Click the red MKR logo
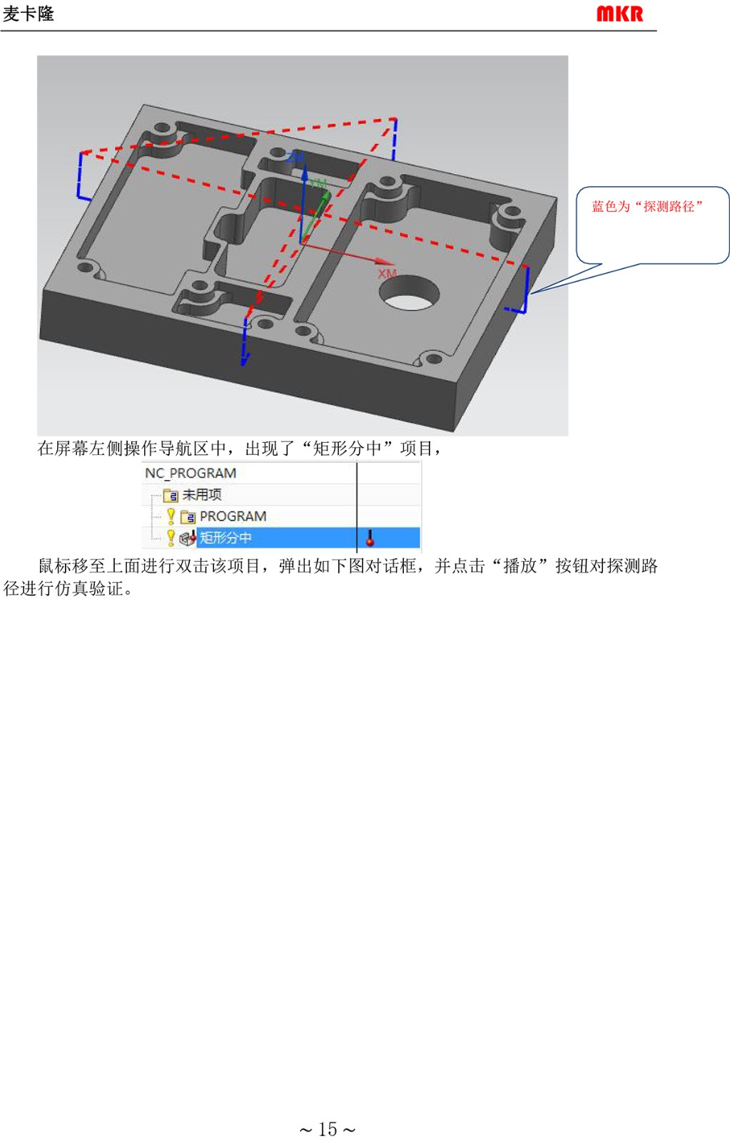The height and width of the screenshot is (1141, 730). [x=620, y=14]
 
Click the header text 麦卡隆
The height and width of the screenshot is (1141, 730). [x=29, y=14]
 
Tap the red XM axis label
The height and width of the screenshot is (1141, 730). [x=387, y=274]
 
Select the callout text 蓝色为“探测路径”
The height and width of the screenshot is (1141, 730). [x=647, y=206]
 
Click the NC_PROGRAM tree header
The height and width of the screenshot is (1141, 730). [x=191, y=474]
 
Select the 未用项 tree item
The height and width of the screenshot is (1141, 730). [x=202, y=495]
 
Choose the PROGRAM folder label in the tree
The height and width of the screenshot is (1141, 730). [x=233, y=516]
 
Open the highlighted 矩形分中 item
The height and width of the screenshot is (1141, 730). [x=225, y=538]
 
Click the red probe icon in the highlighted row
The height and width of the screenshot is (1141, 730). [x=370, y=538]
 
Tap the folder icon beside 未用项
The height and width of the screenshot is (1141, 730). [x=171, y=495]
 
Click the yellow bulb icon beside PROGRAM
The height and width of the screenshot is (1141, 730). [x=171, y=516]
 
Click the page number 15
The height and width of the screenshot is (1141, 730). [x=328, y=1130]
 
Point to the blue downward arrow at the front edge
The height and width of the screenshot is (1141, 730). [x=245, y=342]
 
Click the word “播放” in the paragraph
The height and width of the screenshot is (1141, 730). [x=520, y=566]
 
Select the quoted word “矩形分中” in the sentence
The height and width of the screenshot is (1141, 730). [x=348, y=449]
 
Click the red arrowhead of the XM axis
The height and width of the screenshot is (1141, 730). [x=383, y=261]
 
